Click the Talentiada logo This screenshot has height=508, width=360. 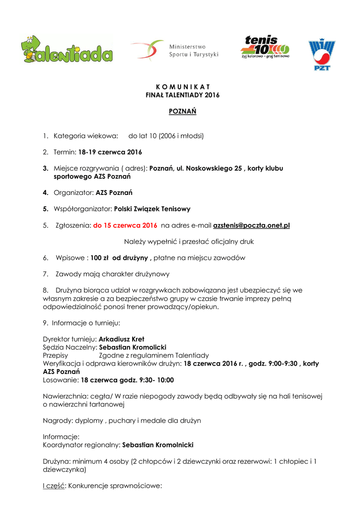(x=67, y=50)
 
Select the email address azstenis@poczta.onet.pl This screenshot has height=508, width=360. (x=251, y=225)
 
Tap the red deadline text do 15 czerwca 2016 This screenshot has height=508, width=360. (x=125, y=225)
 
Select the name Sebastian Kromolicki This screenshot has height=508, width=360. (x=133, y=347)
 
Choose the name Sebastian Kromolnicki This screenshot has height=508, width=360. (x=158, y=445)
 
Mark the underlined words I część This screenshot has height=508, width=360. (x=54, y=486)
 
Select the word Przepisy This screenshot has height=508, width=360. (x=56, y=355)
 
